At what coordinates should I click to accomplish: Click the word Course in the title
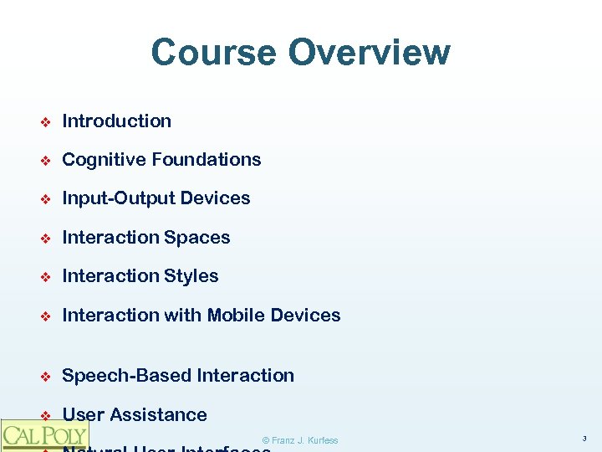[213, 52]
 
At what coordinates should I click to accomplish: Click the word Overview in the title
[369, 52]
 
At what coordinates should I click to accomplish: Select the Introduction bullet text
[116, 121]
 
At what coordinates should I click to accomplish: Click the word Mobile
[238, 316]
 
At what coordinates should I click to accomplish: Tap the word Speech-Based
[127, 376]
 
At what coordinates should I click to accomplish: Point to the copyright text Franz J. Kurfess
[300, 440]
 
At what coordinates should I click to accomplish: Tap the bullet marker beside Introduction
[46, 121]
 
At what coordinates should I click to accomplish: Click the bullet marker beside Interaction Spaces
[46, 239]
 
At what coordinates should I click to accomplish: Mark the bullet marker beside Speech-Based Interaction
[46, 377]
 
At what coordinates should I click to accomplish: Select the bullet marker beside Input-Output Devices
[46, 199]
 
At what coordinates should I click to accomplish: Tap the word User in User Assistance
[83, 415]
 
